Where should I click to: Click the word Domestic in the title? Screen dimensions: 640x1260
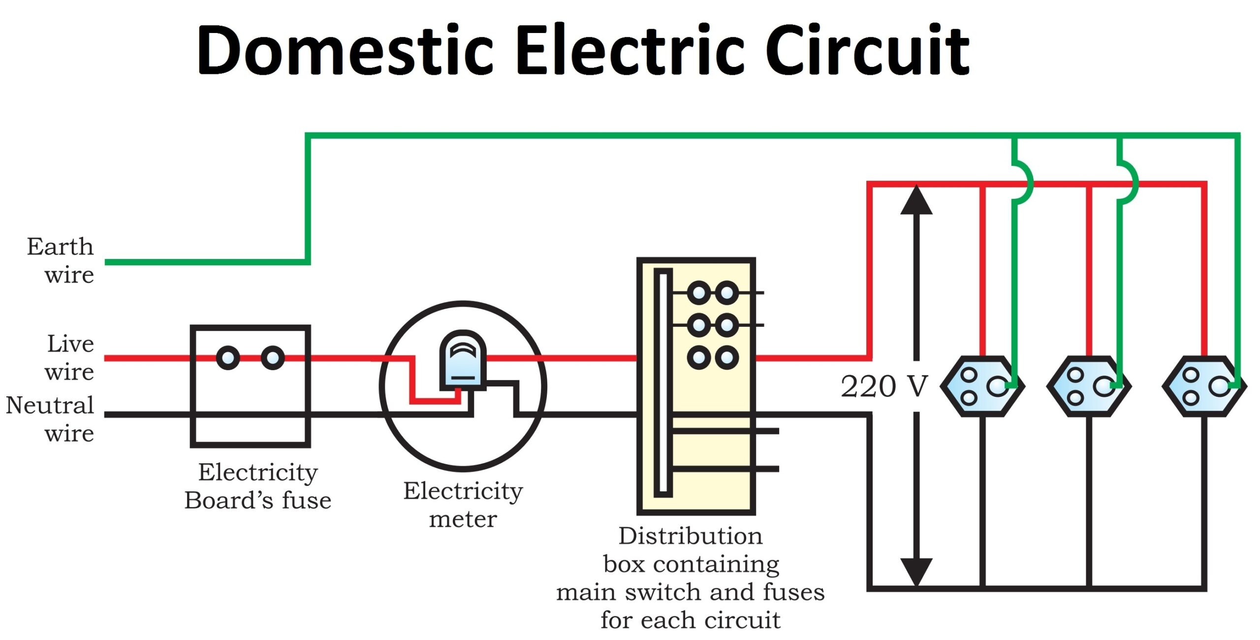pos(345,51)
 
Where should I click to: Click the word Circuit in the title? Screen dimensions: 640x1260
pos(866,51)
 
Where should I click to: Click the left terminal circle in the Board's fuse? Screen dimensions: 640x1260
pos(228,358)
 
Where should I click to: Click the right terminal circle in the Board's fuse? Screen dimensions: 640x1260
pos(273,358)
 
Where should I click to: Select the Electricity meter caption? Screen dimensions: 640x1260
pos(463,504)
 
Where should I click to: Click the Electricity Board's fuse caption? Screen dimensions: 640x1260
pos(258,486)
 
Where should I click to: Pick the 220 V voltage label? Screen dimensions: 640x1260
pos(884,386)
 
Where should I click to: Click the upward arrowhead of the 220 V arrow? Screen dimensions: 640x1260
pos(916,201)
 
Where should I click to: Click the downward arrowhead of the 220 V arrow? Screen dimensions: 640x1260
pos(916,571)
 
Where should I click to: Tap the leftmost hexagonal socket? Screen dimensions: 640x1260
pos(982,386)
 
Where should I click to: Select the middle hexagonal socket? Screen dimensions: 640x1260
pos(1088,386)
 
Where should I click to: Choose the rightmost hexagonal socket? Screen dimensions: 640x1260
pos(1204,386)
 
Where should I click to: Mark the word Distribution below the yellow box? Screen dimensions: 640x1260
pos(690,536)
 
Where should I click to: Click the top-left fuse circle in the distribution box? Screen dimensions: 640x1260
pos(698,293)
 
